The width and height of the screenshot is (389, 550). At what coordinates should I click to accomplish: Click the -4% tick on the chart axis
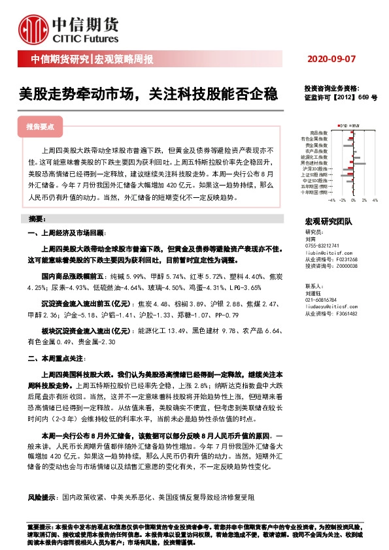point(332,201)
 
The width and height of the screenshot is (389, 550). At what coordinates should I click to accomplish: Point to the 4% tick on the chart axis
point(375,201)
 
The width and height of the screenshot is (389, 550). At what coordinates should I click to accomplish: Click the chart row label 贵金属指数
point(318,145)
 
